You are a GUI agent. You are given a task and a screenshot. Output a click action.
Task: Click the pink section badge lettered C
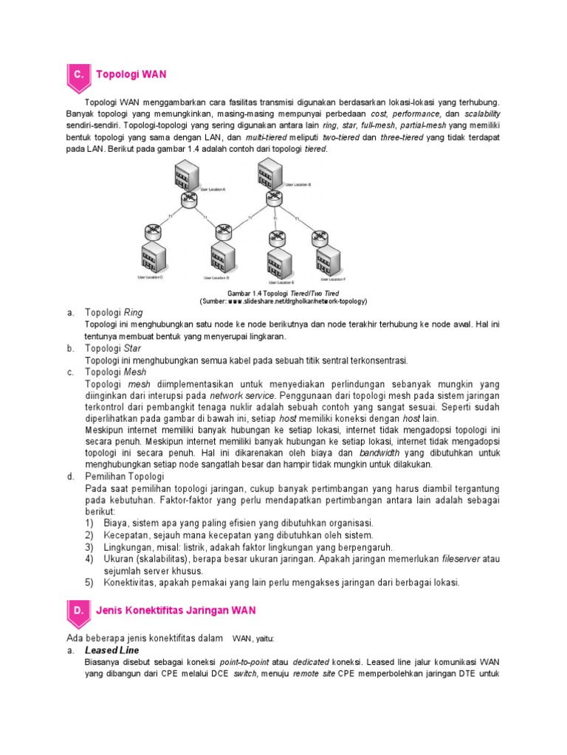coord(78,74)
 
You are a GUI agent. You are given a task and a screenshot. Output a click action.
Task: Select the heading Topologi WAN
coord(131,74)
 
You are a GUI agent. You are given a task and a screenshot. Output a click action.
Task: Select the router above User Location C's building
coord(153,231)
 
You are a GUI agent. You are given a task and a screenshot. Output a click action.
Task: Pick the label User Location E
coord(281,282)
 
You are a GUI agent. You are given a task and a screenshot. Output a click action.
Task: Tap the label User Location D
coord(216,279)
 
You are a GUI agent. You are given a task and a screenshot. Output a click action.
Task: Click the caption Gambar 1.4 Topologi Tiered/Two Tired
coord(283,293)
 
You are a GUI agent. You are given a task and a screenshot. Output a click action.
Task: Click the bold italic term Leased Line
coord(112,650)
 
